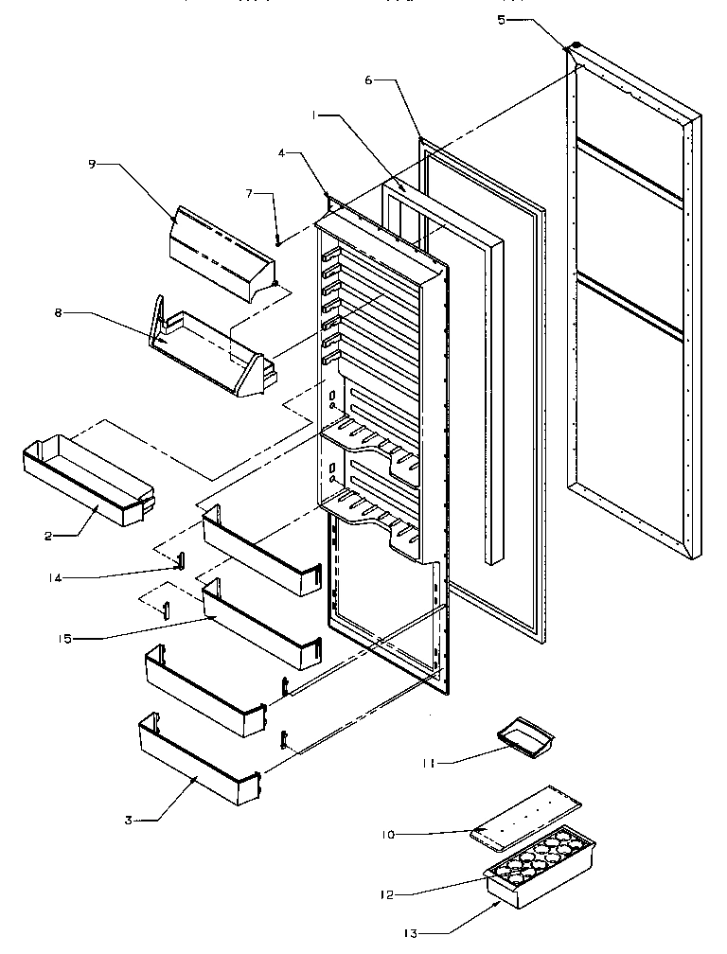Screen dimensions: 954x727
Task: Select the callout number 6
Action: [368, 80]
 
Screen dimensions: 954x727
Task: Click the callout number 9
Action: [92, 164]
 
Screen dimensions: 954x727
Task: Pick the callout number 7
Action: [249, 194]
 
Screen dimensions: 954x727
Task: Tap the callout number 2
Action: [46, 535]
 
